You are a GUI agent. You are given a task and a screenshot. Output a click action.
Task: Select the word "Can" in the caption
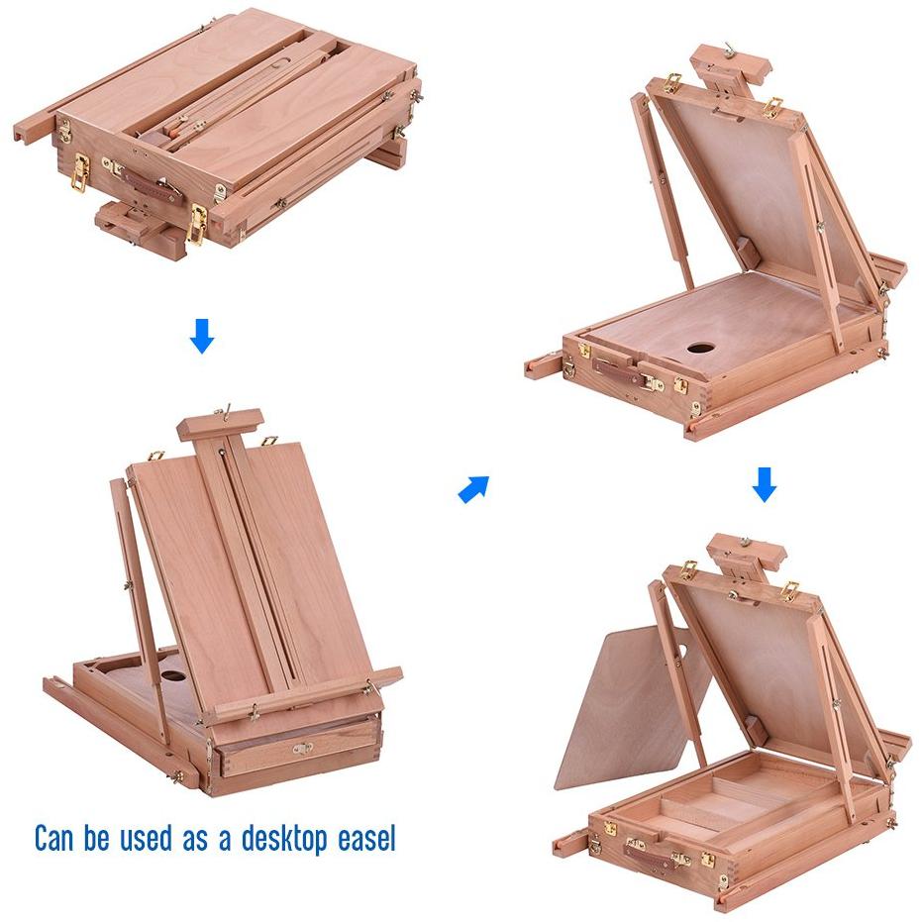(54, 838)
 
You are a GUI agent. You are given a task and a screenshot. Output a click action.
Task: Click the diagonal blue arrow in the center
(473, 489)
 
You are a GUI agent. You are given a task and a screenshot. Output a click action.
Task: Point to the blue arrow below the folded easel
(202, 336)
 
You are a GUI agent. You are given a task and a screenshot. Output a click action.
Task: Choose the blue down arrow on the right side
(764, 484)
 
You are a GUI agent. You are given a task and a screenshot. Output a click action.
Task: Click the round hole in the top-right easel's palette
(700, 349)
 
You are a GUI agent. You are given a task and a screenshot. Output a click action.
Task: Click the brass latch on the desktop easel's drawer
(303, 749)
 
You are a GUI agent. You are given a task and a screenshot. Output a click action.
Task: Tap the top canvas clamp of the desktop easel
(221, 424)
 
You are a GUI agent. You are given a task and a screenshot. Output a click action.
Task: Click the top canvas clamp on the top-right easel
(732, 65)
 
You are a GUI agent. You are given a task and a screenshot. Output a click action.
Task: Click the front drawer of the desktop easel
(299, 749)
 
